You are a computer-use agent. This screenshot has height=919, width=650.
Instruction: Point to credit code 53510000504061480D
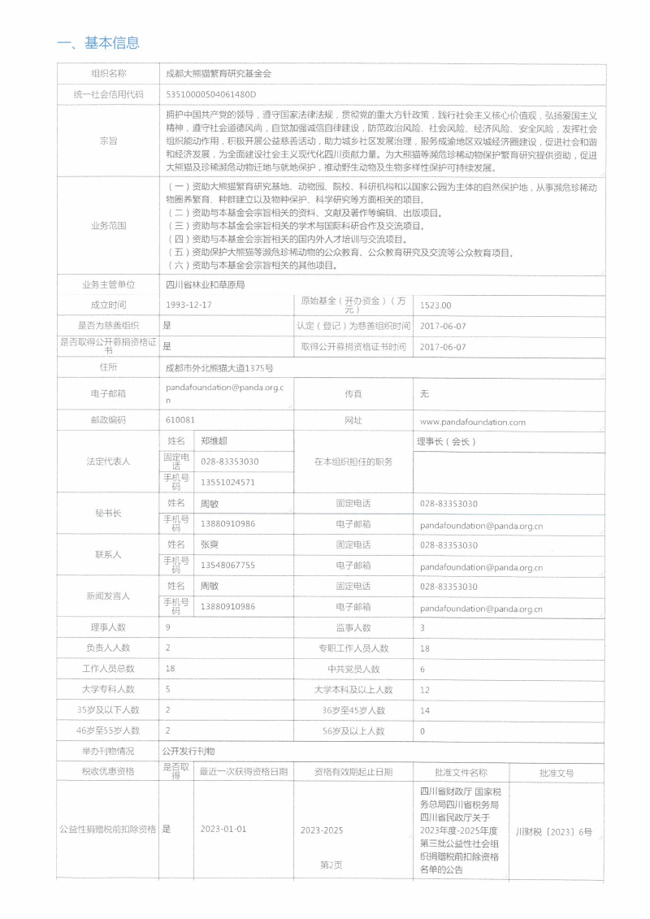click(x=210, y=94)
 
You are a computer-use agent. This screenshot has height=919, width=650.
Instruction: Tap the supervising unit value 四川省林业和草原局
click(x=205, y=285)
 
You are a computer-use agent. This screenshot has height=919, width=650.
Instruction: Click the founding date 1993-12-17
click(x=188, y=305)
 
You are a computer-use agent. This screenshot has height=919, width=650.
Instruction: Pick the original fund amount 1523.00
click(x=435, y=306)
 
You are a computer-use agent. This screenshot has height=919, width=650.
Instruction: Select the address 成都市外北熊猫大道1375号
click(x=219, y=368)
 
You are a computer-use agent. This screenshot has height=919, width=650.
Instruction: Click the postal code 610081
click(x=180, y=420)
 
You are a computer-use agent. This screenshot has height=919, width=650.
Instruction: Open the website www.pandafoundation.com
click(x=473, y=422)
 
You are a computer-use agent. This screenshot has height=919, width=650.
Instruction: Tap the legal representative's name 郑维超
click(x=214, y=440)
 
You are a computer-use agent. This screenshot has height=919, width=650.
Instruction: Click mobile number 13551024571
click(x=227, y=482)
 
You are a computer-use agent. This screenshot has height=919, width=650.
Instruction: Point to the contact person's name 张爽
click(x=210, y=544)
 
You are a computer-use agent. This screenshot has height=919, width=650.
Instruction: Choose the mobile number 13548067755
click(x=227, y=565)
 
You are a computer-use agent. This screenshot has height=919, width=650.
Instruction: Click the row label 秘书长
click(x=108, y=514)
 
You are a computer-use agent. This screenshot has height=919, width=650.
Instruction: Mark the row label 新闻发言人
click(x=108, y=596)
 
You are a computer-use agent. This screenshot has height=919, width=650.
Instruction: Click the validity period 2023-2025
click(x=322, y=830)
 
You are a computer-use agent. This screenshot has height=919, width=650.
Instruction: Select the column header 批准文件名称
click(x=461, y=772)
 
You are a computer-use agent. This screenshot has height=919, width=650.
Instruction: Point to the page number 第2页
click(x=331, y=865)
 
